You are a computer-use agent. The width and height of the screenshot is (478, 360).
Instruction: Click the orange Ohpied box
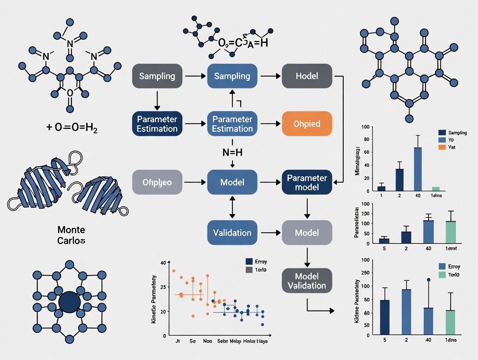(307, 124)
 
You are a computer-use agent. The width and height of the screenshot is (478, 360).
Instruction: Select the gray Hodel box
(307, 76)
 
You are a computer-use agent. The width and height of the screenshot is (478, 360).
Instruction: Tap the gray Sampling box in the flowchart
(157, 76)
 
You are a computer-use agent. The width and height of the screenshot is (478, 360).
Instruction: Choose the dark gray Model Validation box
(307, 281)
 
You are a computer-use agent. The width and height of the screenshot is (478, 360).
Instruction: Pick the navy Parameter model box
(307, 183)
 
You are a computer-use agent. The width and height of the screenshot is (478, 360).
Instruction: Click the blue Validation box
(232, 233)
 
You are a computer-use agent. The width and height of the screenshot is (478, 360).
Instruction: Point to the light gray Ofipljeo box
(157, 183)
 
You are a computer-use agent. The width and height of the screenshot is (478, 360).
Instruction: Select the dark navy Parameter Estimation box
(157, 124)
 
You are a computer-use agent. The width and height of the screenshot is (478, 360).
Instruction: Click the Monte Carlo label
(71, 235)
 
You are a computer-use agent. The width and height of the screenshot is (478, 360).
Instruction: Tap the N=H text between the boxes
(233, 152)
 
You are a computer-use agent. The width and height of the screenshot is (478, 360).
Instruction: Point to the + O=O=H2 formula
(71, 128)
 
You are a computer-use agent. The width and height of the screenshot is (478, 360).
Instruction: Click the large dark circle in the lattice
(69, 302)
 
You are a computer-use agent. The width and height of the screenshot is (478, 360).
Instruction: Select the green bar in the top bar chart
(436, 189)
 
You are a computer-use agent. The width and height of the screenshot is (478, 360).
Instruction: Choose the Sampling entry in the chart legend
(452, 133)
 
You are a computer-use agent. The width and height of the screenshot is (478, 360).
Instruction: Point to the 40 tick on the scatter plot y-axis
(163, 263)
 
